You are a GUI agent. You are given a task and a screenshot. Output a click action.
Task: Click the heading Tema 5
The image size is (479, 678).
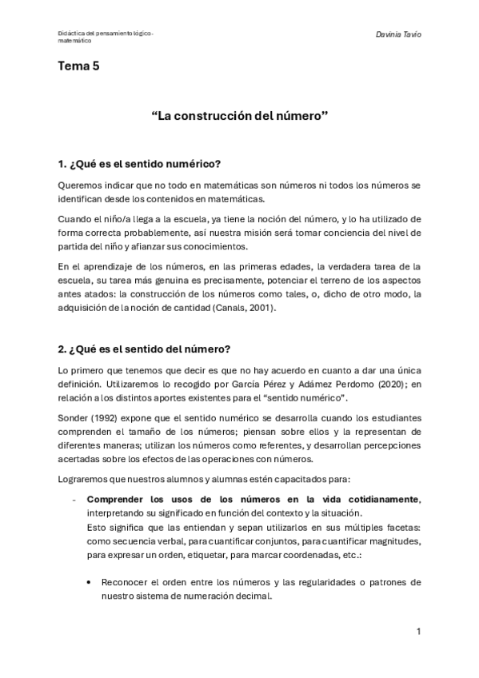(78, 67)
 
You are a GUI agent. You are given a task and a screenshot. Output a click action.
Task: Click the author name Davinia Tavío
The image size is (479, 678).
(397, 35)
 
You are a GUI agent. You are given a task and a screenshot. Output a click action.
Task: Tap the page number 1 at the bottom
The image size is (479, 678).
(418, 632)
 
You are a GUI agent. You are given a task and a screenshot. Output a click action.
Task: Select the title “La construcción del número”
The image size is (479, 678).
(240, 116)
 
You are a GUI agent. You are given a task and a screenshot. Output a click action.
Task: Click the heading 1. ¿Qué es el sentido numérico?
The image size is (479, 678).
(140, 165)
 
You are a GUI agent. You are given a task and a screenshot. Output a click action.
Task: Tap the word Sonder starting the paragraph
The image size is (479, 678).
(74, 417)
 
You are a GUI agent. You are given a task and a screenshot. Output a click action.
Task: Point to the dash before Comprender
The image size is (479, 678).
(74, 499)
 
